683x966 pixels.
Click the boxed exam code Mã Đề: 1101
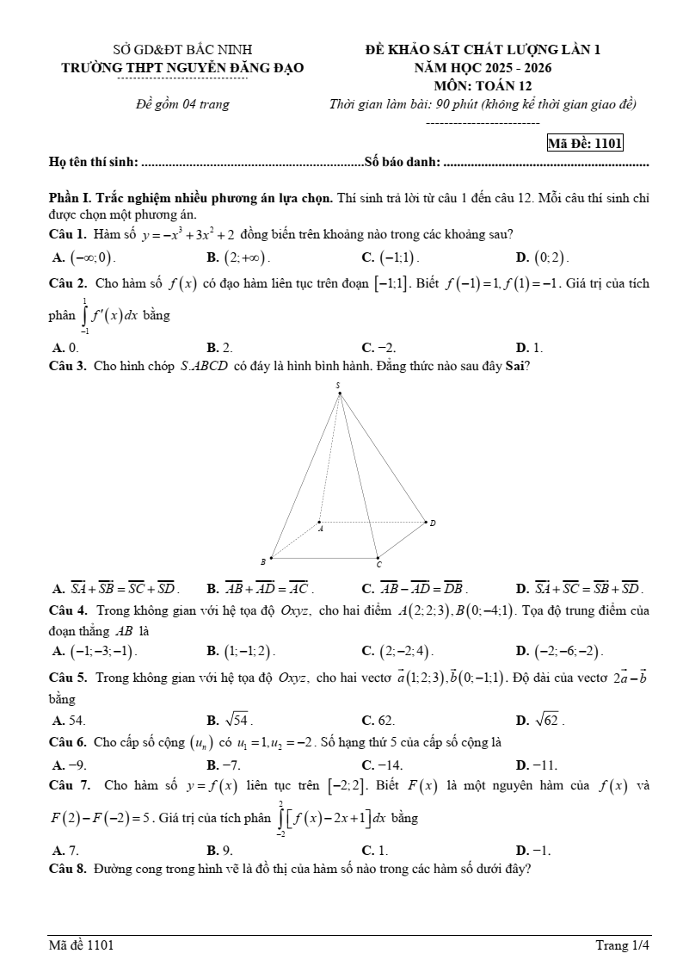(x=585, y=144)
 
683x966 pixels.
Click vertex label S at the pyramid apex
(x=338, y=385)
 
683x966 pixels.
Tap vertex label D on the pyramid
(x=433, y=523)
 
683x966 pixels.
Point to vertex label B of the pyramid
(x=263, y=561)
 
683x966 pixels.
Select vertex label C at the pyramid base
(x=378, y=566)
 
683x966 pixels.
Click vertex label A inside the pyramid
(x=321, y=529)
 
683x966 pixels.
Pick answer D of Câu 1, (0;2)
(x=542, y=257)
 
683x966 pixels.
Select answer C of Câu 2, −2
(x=378, y=348)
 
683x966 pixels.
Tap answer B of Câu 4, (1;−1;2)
(x=241, y=651)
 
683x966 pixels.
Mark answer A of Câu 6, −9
(x=70, y=764)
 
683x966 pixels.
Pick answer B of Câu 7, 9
(x=220, y=850)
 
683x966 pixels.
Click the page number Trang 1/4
(x=623, y=945)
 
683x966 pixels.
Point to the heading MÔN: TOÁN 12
(x=483, y=85)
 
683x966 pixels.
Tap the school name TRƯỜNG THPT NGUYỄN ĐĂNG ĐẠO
(x=182, y=67)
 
